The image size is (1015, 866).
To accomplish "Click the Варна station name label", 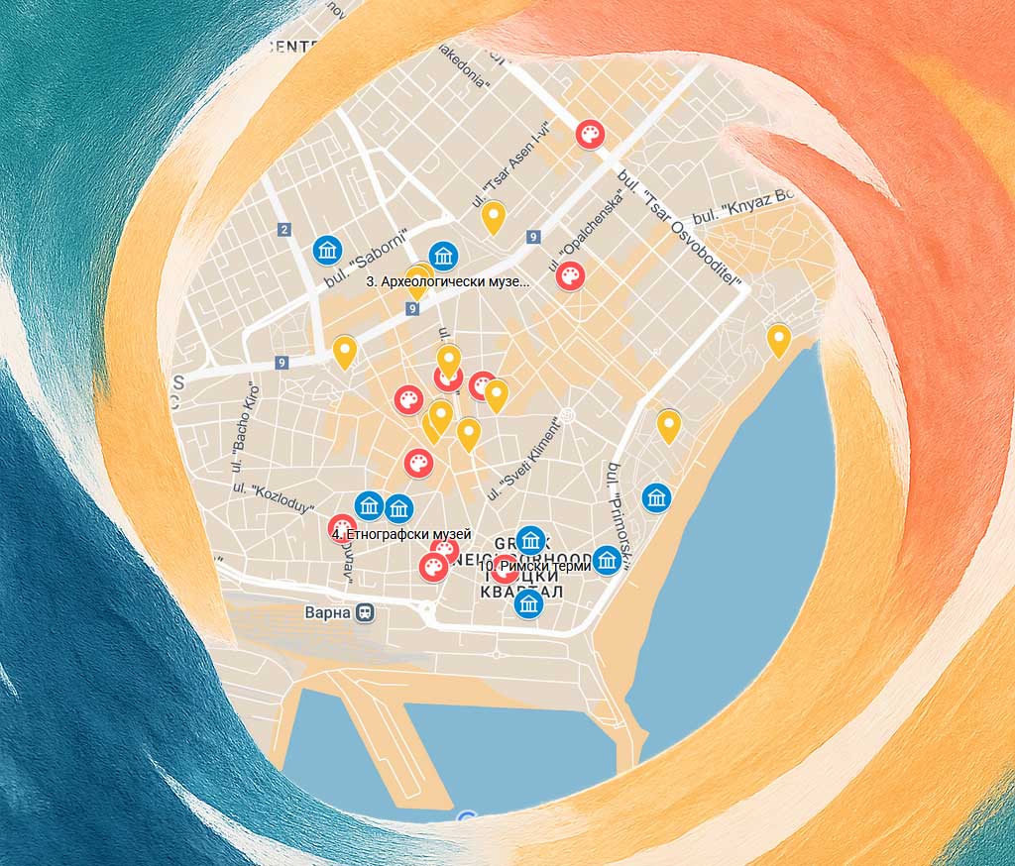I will coord(328,612).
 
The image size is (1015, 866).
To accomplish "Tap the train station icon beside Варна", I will coord(367,612).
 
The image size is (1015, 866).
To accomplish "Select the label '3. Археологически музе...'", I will coord(448,281).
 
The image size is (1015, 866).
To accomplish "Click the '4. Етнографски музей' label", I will coord(401,534).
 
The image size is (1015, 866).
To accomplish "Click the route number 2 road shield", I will coord(284,230).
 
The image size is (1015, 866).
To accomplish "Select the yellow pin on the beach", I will coord(779,338).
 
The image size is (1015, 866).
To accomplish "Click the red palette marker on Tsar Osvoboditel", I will coord(590,134).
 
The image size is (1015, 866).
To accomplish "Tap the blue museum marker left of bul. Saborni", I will coord(327,250).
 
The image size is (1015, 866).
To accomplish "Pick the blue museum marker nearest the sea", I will coord(656,497).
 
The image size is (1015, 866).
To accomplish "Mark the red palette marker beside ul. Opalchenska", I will coord(570,275).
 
